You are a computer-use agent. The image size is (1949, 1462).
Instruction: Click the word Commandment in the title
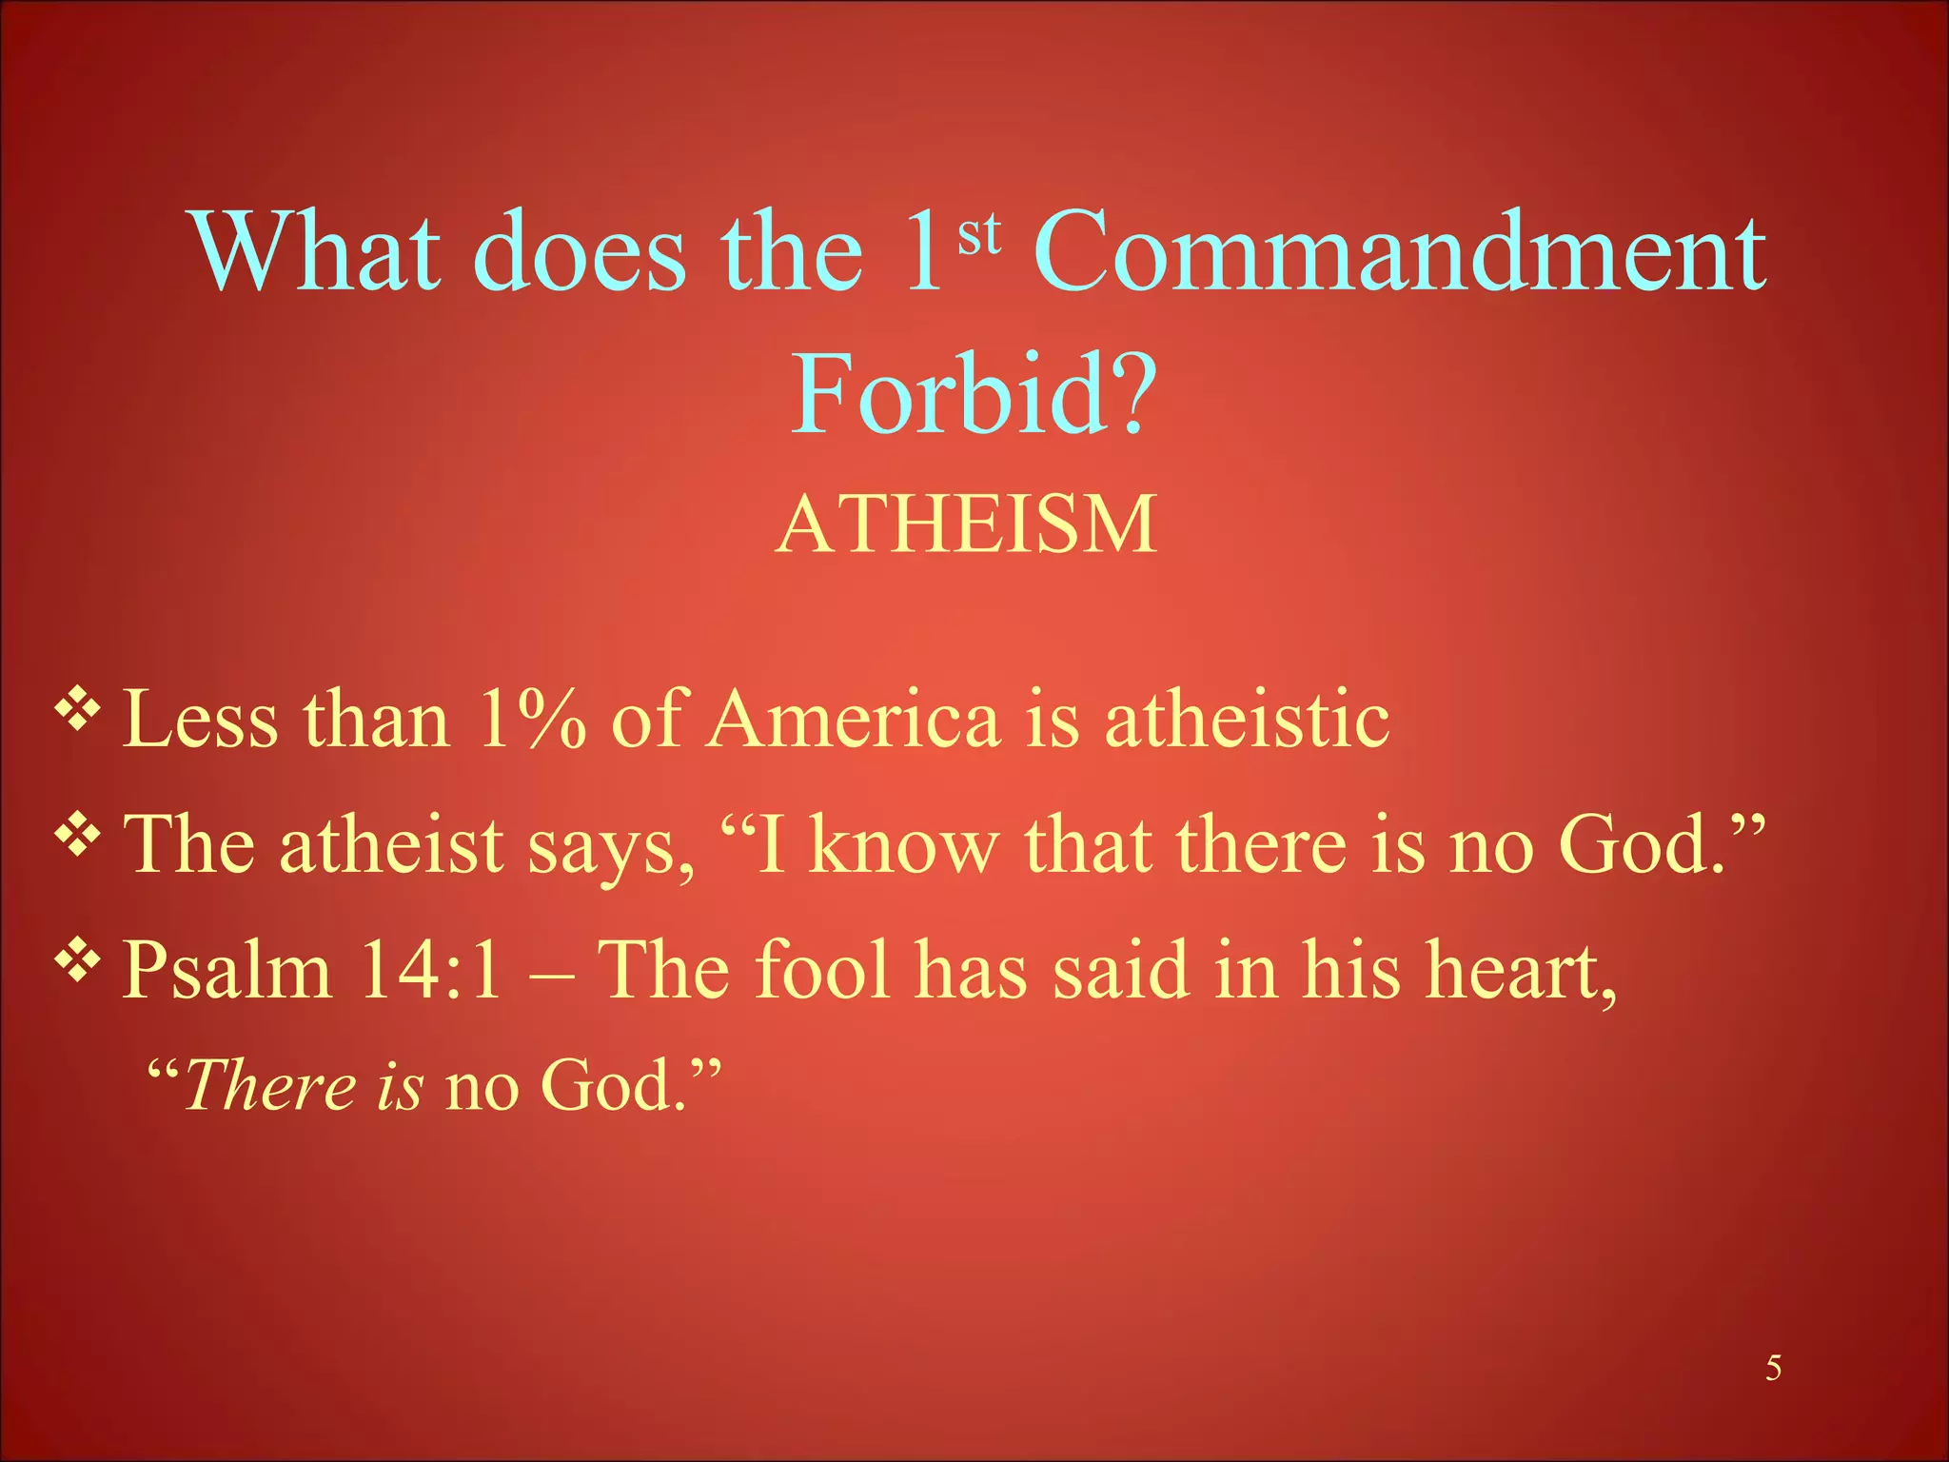point(1399,253)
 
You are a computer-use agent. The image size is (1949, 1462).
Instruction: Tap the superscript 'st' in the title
point(979,234)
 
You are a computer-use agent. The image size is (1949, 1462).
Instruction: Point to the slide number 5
point(1773,1369)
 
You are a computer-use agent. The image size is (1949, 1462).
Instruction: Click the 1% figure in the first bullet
point(531,720)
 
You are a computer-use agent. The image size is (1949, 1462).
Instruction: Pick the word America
point(855,720)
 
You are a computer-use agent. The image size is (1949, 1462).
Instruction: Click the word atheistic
point(1247,720)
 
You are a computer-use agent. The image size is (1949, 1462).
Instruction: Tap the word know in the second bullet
point(904,845)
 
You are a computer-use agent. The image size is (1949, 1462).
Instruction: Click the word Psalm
point(227,971)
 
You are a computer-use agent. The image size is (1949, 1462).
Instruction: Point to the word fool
point(823,971)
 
